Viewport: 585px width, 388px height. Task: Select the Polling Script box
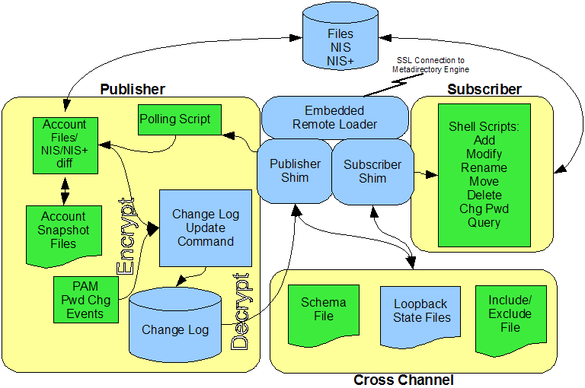coord(174,119)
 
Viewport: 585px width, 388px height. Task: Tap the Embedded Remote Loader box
coord(334,117)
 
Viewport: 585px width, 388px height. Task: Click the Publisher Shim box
coord(295,171)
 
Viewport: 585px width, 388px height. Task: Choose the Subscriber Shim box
coord(372,171)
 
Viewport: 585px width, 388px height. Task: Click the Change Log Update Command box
coord(205,227)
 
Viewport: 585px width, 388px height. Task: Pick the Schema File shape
coord(323,310)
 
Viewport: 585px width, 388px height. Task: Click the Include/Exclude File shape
coord(510,313)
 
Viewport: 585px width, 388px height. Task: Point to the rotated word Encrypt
coord(126,237)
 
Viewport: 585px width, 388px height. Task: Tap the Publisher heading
coord(132,89)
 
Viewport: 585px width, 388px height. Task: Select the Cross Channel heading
coord(403,380)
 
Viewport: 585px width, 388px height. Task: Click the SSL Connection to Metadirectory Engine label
coord(428,65)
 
